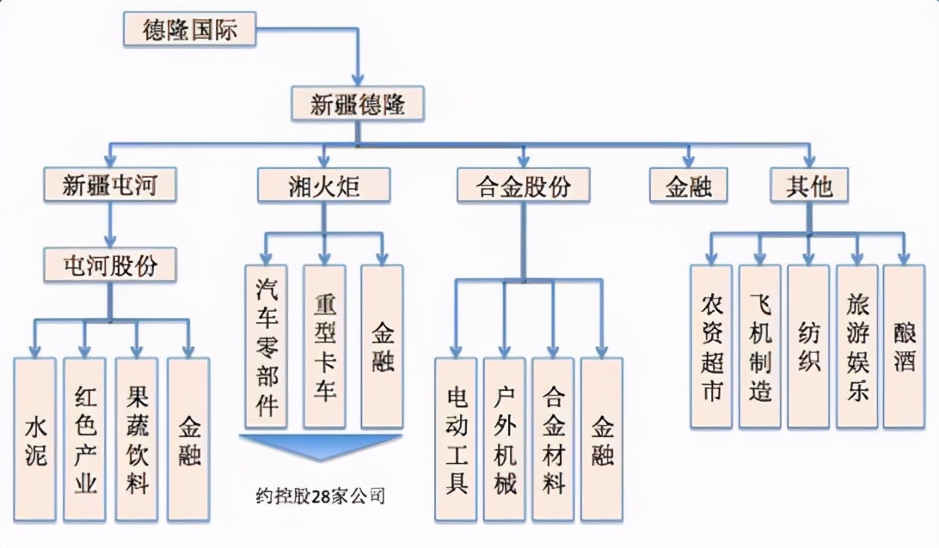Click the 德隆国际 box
pyautogui.click(x=190, y=30)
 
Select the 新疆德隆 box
pyautogui.click(x=357, y=105)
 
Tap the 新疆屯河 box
pyautogui.click(x=109, y=185)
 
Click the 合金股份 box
pyautogui.click(x=524, y=185)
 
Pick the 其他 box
pyautogui.click(x=809, y=185)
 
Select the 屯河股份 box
pyautogui.click(x=110, y=265)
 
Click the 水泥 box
pyautogui.click(x=35, y=439)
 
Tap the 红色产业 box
pyautogui.click(x=84, y=439)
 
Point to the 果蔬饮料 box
pyautogui.click(x=136, y=439)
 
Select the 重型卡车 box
pyautogui.click(x=324, y=346)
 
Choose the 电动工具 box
pyautogui.click(x=456, y=439)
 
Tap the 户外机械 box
pyautogui.click(x=504, y=439)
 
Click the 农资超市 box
pyautogui.click(x=711, y=346)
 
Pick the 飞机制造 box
pyautogui.click(x=760, y=346)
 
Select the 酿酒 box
pyautogui.click(x=905, y=346)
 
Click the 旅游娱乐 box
pyautogui.click(x=857, y=346)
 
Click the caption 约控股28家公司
pyautogui.click(x=320, y=496)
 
